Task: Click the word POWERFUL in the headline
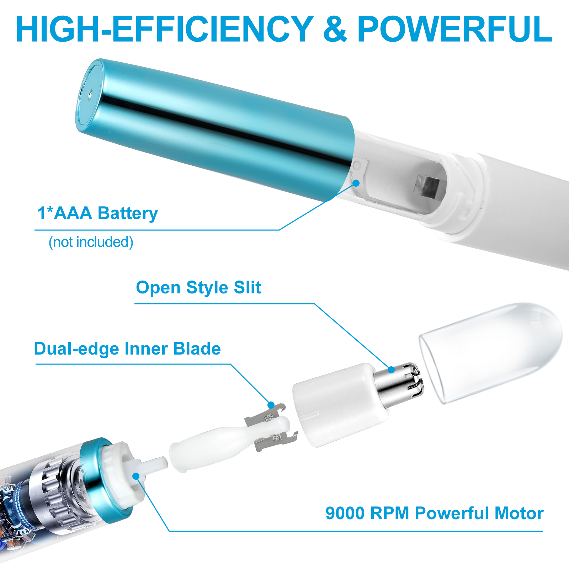(455, 29)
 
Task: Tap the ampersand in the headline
(335, 29)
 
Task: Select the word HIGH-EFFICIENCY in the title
(165, 29)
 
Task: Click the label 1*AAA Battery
(97, 213)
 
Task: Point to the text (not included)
(91, 242)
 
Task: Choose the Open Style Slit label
(198, 287)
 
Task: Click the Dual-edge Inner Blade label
(127, 349)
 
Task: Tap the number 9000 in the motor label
(345, 513)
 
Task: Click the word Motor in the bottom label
(519, 513)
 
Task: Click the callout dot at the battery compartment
(356, 183)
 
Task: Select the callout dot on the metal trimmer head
(391, 370)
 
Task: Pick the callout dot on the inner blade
(271, 405)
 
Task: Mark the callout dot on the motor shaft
(136, 476)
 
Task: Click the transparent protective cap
(491, 352)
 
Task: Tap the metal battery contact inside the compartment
(427, 186)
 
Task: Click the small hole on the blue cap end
(90, 95)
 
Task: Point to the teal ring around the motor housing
(107, 480)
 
